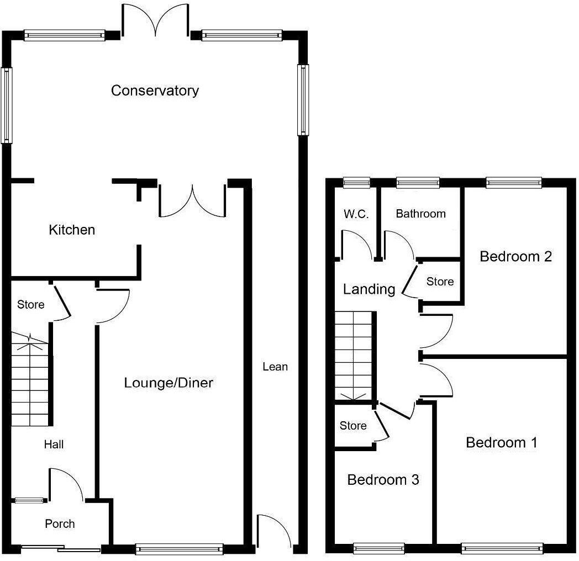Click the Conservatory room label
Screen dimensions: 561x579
(x=155, y=91)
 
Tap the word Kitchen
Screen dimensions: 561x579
(x=72, y=230)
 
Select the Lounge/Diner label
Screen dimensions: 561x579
(x=169, y=383)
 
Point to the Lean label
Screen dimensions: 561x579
(x=275, y=367)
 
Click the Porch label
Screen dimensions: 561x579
(x=60, y=523)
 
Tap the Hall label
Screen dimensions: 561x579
(x=54, y=444)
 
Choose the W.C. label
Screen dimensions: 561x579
(x=356, y=214)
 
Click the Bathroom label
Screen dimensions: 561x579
(x=420, y=214)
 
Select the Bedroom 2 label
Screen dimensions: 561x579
(x=515, y=256)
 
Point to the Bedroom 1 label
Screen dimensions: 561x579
(x=502, y=442)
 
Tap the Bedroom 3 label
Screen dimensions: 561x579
(x=383, y=480)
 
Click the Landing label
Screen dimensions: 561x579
(x=369, y=289)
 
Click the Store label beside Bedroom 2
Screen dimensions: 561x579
(x=440, y=282)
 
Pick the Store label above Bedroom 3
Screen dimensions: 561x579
(x=353, y=426)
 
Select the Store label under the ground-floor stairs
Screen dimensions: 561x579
(x=31, y=304)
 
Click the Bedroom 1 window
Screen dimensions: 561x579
(x=502, y=548)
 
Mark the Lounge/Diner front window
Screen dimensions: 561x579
(x=179, y=548)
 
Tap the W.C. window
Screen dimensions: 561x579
(x=356, y=183)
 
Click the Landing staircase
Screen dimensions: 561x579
(x=354, y=356)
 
